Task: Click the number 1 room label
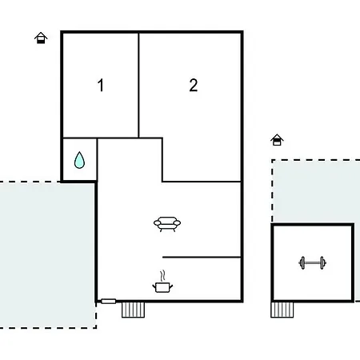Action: pyautogui.click(x=101, y=85)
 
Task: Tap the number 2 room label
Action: pyautogui.click(x=194, y=85)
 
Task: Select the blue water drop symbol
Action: pyautogui.click(x=79, y=160)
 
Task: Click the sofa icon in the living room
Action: pyautogui.click(x=167, y=224)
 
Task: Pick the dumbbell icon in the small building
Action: pyautogui.click(x=312, y=263)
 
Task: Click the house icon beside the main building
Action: pyautogui.click(x=41, y=38)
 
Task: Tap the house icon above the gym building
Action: pyautogui.click(x=277, y=140)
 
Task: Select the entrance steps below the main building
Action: pyautogui.click(x=133, y=310)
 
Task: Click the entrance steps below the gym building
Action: pyautogui.click(x=282, y=310)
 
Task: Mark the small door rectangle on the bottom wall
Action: pyautogui.click(x=109, y=302)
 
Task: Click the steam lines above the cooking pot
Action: pyautogui.click(x=162, y=276)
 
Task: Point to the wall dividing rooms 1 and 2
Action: pyautogui.click(x=138, y=85)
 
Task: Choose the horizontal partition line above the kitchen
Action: pyautogui.click(x=202, y=258)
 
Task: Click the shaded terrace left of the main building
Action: pyautogui.click(x=47, y=254)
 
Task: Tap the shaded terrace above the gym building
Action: pyautogui.click(x=316, y=191)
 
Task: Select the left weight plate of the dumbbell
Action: pyautogui.click(x=302, y=263)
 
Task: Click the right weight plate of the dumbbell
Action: pyautogui.click(x=322, y=263)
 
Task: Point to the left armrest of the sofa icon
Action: pyautogui.click(x=158, y=223)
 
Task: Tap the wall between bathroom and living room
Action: pyautogui.click(x=97, y=160)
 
